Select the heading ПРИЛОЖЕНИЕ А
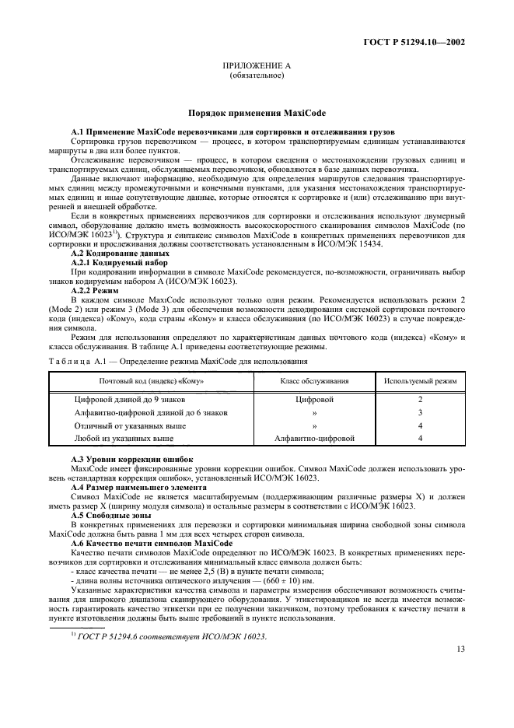257,68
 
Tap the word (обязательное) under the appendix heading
257,77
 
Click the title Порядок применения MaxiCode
257,114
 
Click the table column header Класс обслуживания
313,381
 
